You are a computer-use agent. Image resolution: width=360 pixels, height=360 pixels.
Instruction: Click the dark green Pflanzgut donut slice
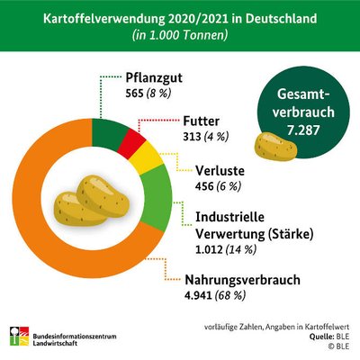coord(110,133)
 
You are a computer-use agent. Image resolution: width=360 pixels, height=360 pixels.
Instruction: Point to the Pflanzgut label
coord(154,78)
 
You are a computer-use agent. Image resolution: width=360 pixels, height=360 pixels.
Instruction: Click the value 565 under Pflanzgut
coord(134,94)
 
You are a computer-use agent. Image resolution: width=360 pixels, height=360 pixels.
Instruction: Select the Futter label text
coord(202,121)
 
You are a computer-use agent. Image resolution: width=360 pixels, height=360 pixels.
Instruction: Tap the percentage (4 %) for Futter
coord(216,137)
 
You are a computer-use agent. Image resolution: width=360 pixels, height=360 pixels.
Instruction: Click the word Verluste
coord(220,171)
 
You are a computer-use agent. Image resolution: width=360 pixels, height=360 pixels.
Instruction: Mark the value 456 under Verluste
coord(204,186)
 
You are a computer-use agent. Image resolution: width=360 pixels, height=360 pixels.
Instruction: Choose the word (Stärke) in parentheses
coord(290,234)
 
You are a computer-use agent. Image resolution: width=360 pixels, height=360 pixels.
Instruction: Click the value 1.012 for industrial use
coord(209,249)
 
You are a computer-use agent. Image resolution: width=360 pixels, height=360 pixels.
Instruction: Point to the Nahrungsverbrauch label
coord(242,280)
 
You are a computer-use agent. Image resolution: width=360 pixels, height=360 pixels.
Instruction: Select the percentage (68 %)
coord(230,295)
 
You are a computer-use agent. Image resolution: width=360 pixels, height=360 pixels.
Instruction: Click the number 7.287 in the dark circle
coord(303,130)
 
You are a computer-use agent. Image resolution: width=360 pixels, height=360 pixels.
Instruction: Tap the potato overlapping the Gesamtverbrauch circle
coord(275,146)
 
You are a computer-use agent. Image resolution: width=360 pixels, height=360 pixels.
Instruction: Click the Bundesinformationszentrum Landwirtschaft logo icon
coord(19,336)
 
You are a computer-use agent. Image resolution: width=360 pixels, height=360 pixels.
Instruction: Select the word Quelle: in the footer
coord(320,337)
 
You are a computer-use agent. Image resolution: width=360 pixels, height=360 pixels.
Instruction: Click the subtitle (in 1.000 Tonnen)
coord(180,35)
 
